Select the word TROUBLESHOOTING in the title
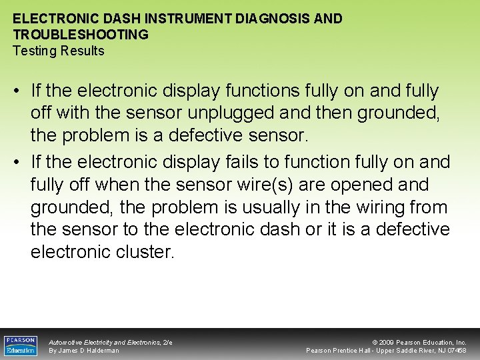tap(81, 35)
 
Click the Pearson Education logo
tap(20, 345)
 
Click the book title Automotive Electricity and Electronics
tap(104, 342)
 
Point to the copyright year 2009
tap(388, 342)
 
